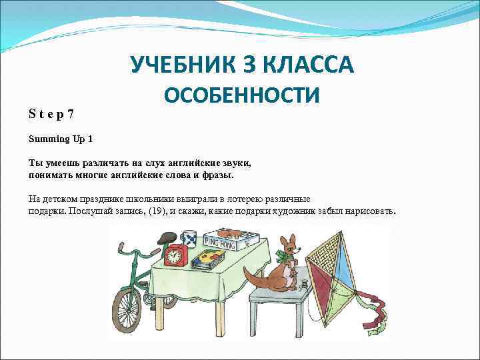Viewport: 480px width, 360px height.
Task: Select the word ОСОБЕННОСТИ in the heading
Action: tap(242, 95)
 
